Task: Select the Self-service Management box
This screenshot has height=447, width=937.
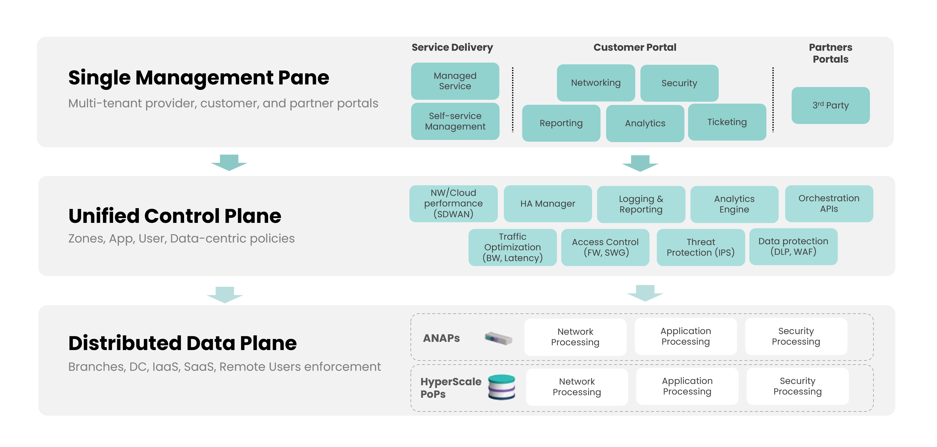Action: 455,121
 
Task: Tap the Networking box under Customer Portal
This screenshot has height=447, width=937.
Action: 596,83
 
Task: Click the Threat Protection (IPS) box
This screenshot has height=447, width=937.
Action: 701,247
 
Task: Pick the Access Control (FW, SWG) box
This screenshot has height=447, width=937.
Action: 605,247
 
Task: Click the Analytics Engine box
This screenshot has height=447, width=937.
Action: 734,204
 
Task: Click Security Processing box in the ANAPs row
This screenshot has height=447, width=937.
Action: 796,336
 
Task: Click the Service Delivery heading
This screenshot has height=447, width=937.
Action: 452,47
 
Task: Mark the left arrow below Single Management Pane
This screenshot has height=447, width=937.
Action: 229,163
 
